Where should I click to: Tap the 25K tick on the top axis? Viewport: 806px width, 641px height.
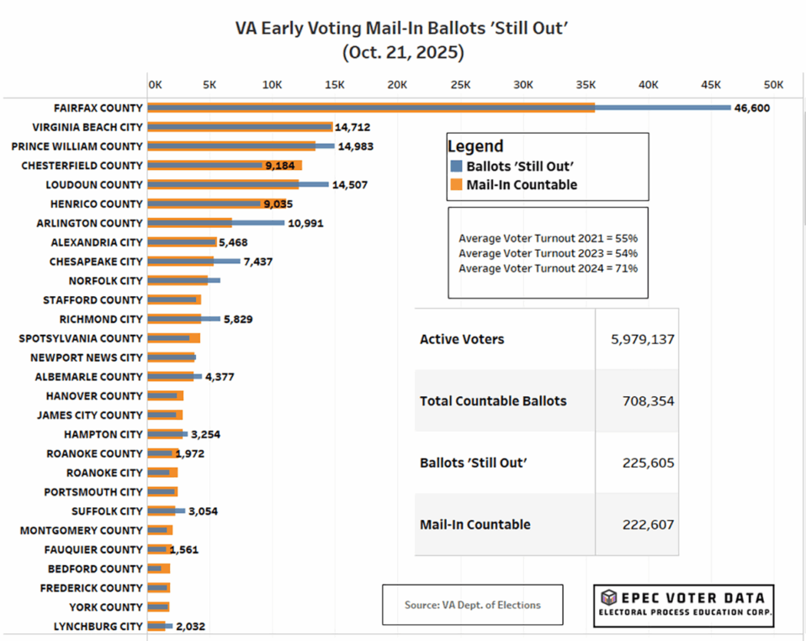(x=460, y=85)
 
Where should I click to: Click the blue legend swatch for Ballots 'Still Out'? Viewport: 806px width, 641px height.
(x=456, y=167)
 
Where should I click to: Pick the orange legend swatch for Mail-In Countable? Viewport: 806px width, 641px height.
(x=456, y=185)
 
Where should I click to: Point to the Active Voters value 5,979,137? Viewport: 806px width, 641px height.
(x=643, y=339)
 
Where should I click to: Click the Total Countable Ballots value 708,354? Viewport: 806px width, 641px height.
(x=649, y=401)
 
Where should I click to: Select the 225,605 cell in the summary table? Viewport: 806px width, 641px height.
(x=649, y=463)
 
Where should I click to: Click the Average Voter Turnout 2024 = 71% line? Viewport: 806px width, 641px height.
(x=548, y=268)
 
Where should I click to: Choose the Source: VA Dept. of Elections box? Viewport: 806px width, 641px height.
(x=472, y=605)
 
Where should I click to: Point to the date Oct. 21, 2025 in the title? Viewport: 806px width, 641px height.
(x=403, y=52)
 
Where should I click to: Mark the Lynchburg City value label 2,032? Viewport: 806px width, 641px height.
(x=190, y=627)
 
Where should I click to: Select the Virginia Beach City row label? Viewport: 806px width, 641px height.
(x=87, y=127)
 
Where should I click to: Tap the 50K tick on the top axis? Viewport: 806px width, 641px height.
(x=773, y=85)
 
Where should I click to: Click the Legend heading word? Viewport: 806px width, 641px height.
(x=475, y=146)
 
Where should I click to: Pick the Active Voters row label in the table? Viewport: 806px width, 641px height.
(x=462, y=339)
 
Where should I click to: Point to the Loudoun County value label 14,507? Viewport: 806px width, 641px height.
(x=349, y=184)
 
